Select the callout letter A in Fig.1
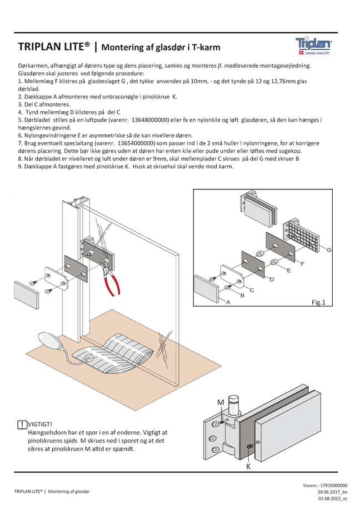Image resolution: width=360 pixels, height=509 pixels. point(228,301)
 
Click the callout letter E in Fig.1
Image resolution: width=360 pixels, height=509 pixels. point(288,270)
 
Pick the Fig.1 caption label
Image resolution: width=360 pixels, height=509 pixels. point(318,302)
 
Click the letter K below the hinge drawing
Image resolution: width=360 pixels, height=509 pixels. point(248,467)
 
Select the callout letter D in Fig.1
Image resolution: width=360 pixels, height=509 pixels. point(272,278)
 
